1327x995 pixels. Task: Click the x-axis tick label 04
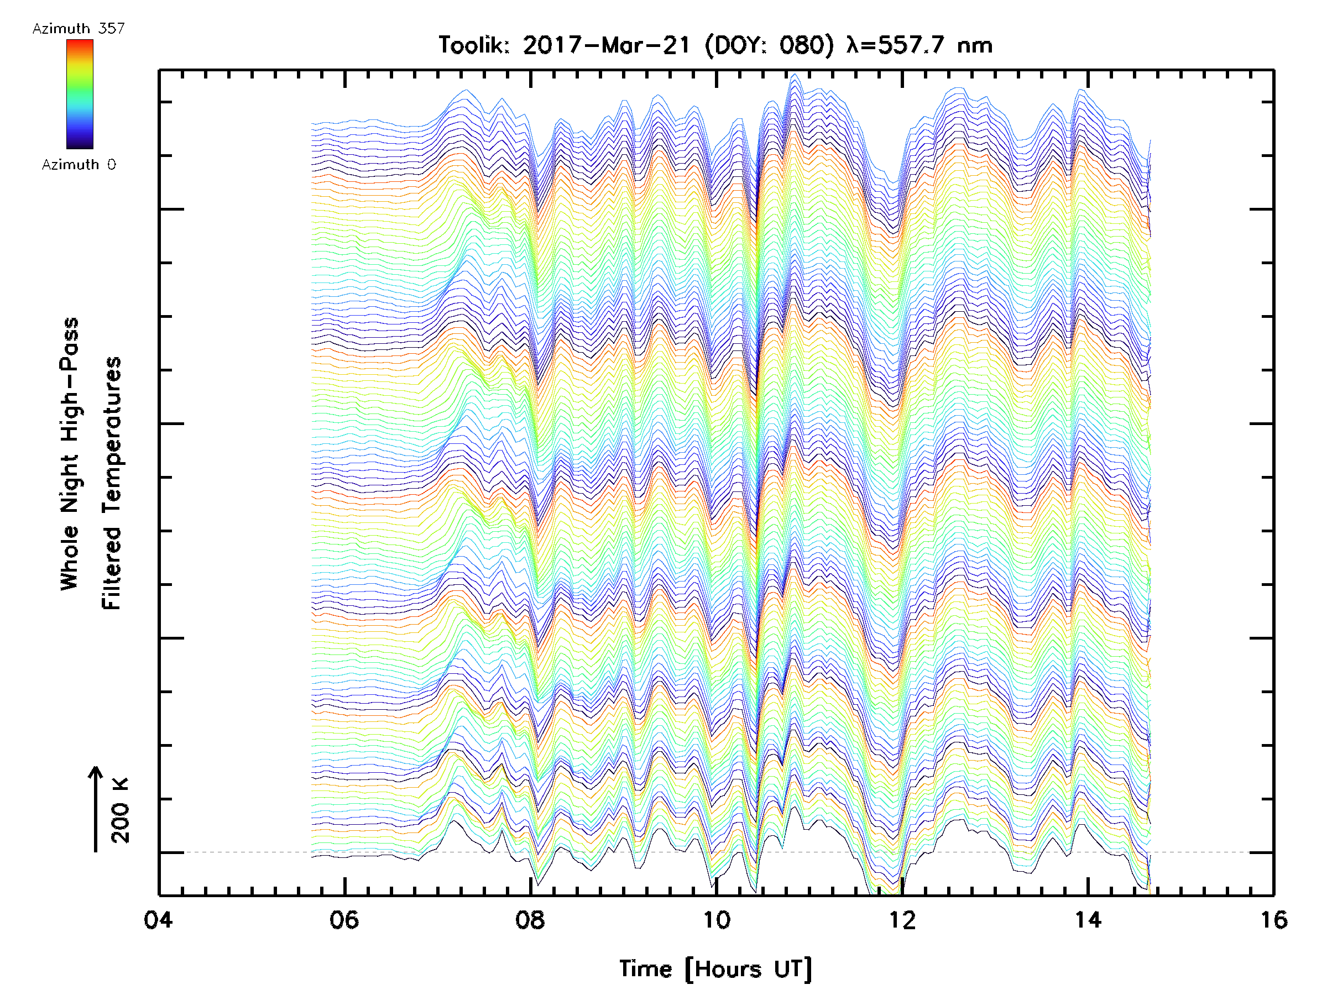coord(158,920)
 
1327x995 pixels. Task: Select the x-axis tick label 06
coord(344,920)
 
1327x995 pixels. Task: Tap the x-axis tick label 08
coord(530,920)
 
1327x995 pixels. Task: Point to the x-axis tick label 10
coord(716,920)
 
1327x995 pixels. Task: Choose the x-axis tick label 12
coord(902,920)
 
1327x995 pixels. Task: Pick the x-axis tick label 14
coord(1088,920)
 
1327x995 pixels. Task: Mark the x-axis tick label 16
coord(1273,920)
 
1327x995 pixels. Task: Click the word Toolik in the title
coord(474,45)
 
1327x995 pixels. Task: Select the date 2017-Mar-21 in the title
coord(607,45)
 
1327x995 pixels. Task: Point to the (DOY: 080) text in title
coord(769,45)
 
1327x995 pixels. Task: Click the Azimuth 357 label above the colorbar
coord(79,29)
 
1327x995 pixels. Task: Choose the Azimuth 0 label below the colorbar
coord(79,165)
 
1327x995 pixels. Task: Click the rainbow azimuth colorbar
coord(80,94)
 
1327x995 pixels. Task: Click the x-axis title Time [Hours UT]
coord(715,969)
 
